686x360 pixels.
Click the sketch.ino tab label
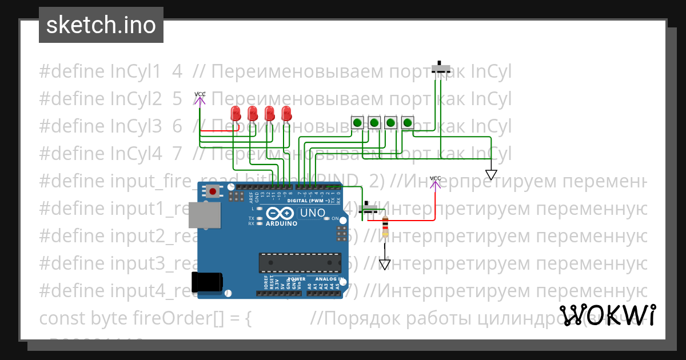pyautogui.click(x=101, y=25)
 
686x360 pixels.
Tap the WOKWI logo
pyautogui.click(x=607, y=315)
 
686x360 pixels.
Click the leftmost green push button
pyautogui.click(x=357, y=122)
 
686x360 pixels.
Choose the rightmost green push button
pyautogui.click(x=407, y=122)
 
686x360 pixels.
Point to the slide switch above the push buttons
pyautogui.click(x=440, y=69)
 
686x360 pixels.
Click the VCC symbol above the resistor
pyautogui.click(x=436, y=182)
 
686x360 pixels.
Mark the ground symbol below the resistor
pyautogui.click(x=385, y=264)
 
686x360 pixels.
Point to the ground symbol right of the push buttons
pyautogui.click(x=491, y=174)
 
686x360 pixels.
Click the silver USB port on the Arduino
pyautogui.click(x=204, y=215)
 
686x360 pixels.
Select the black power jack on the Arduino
pyautogui.click(x=206, y=282)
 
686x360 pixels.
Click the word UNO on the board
pyautogui.click(x=312, y=213)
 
